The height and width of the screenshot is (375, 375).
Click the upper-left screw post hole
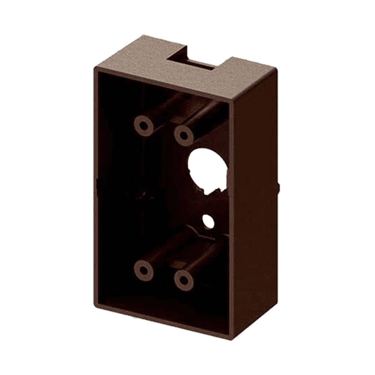143,125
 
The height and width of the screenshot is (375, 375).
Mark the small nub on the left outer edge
96,184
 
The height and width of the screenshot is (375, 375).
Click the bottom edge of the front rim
165,322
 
